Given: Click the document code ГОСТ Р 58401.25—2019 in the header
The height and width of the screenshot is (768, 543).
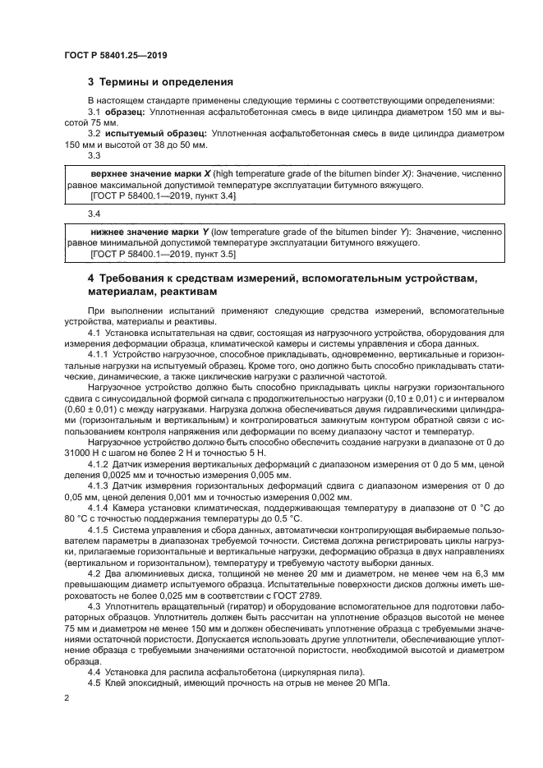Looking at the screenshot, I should tap(116, 57).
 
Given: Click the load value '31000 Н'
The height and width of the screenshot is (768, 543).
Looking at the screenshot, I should tap(81, 453).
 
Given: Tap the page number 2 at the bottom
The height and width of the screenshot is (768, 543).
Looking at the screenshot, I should tap(66, 699).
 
